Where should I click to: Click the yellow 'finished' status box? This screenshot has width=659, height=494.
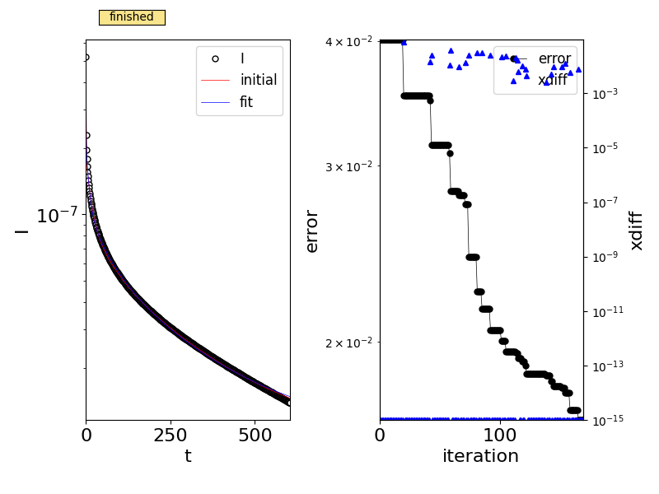click(x=132, y=17)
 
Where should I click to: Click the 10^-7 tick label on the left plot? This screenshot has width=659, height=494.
click(x=57, y=217)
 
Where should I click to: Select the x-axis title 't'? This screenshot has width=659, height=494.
click(x=188, y=457)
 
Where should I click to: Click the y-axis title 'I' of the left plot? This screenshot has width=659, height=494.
click(x=21, y=231)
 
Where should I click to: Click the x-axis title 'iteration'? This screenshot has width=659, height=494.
click(x=480, y=457)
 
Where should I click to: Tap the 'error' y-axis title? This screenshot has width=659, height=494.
click(x=312, y=231)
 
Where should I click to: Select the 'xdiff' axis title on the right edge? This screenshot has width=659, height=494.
click(x=636, y=231)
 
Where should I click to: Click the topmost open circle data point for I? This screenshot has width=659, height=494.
click(x=86, y=58)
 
